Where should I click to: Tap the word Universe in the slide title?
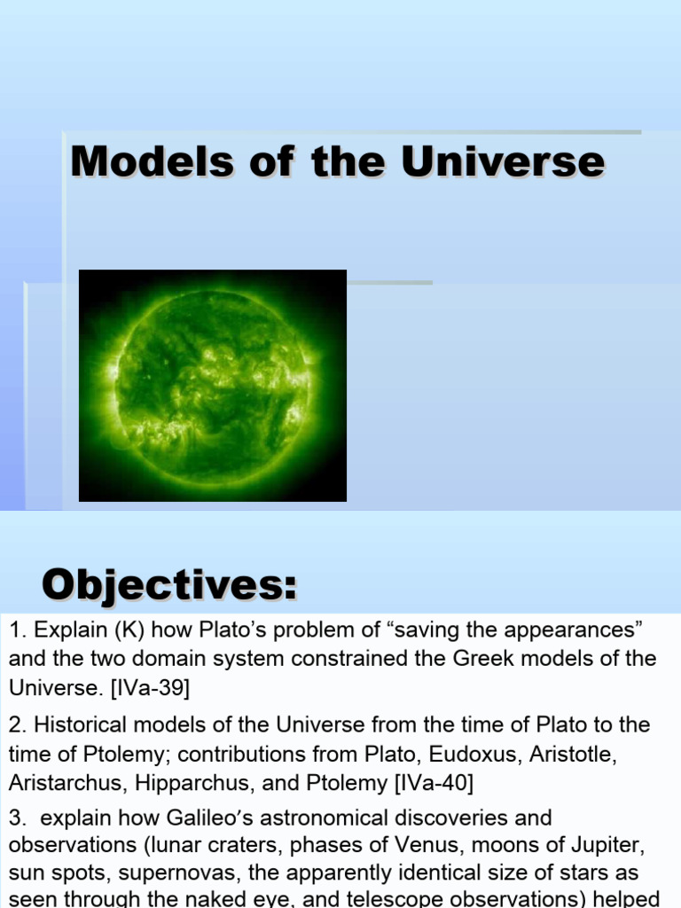(x=503, y=162)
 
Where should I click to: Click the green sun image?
(x=213, y=386)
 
